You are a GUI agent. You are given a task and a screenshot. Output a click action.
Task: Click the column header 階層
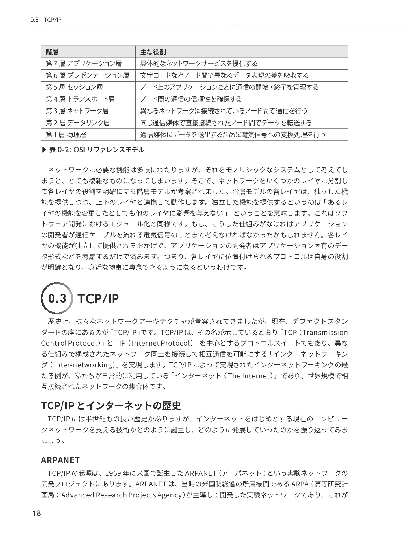point(52,52)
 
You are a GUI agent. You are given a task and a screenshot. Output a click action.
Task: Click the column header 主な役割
point(153,52)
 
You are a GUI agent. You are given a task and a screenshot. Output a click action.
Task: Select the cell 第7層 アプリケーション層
point(84,64)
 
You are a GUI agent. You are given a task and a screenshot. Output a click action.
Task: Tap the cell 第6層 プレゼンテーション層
point(87,75)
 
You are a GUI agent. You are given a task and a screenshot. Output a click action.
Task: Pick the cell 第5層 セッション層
point(74,87)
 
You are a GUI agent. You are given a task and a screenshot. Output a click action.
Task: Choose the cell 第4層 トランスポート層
point(80,99)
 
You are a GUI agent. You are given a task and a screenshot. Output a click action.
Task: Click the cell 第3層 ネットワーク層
point(77,111)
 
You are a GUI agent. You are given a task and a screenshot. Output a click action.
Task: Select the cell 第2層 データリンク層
point(78,123)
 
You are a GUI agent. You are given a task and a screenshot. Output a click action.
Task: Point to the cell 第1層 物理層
point(66,135)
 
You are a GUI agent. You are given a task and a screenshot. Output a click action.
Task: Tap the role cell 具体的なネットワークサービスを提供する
point(199,64)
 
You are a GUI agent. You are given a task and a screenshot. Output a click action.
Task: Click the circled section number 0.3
point(57,298)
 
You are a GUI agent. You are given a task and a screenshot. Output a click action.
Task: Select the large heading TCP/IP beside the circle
point(98,299)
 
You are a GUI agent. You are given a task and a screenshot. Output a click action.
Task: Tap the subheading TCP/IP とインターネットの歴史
point(111,406)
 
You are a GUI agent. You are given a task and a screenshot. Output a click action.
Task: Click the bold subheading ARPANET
point(60,460)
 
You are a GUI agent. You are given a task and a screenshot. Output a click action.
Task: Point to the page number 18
point(37,514)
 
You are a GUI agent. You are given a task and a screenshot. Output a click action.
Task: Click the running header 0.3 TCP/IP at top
point(46,20)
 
